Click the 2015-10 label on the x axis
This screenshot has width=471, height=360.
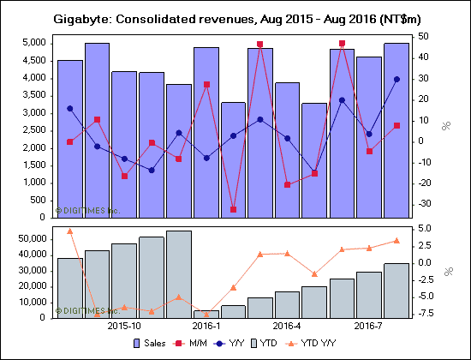[x=124, y=327]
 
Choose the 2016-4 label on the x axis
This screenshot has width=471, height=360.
[x=287, y=327]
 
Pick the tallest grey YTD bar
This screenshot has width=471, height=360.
[x=178, y=273]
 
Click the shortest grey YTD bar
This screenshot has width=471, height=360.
[x=206, y=314]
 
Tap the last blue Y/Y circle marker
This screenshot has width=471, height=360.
[x=396, y=79]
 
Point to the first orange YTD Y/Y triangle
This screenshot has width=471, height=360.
[x=69, y=231]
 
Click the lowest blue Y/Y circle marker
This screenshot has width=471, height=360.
[x=314, y=173]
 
